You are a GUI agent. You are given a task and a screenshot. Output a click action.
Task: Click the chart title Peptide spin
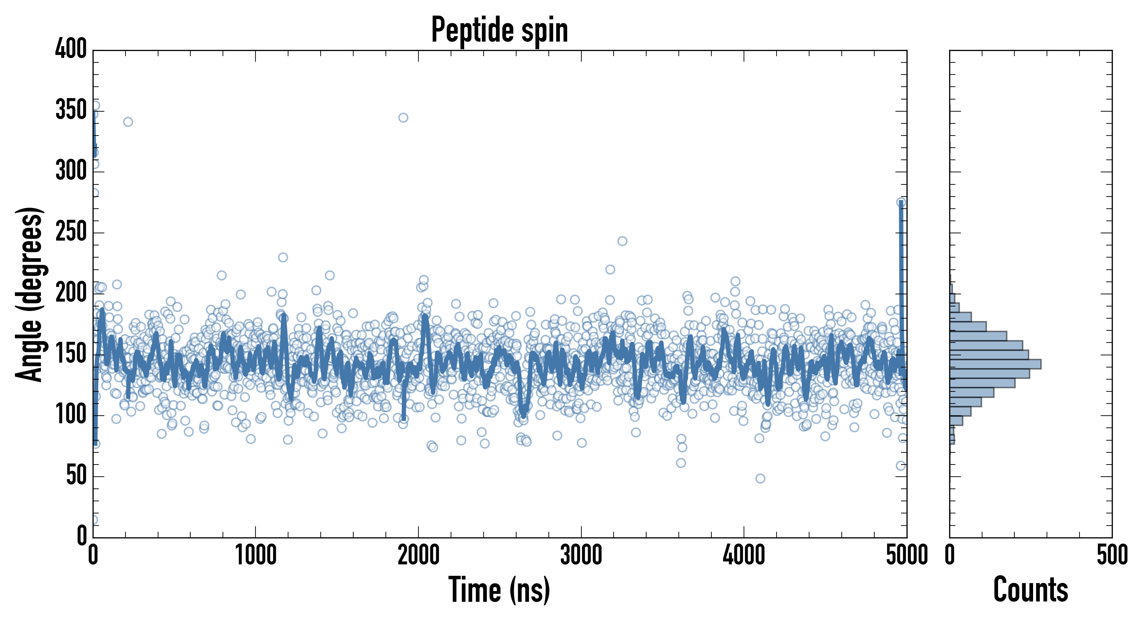[499, 30]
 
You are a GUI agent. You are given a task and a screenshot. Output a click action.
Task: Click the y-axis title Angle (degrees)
[29, 294]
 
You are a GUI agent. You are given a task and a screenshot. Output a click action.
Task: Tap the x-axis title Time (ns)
[499, 589]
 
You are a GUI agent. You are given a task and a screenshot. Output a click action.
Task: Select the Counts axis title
[1030, 589]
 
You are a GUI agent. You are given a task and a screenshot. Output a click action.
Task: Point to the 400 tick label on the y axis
[71, 49]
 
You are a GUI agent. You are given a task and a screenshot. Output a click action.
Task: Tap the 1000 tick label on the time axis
[256, 555]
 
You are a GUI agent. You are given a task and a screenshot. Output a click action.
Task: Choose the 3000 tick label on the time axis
[581, 555]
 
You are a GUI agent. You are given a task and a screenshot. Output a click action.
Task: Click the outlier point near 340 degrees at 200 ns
[128, 122]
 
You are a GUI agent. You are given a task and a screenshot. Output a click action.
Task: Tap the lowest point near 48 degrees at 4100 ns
[760, 478]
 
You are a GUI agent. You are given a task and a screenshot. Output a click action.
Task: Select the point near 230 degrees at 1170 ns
[283, 257]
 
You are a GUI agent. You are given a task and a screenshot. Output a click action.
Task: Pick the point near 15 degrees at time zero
[93, 520]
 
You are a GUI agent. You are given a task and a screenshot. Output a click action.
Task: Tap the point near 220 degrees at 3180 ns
[610, 270]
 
